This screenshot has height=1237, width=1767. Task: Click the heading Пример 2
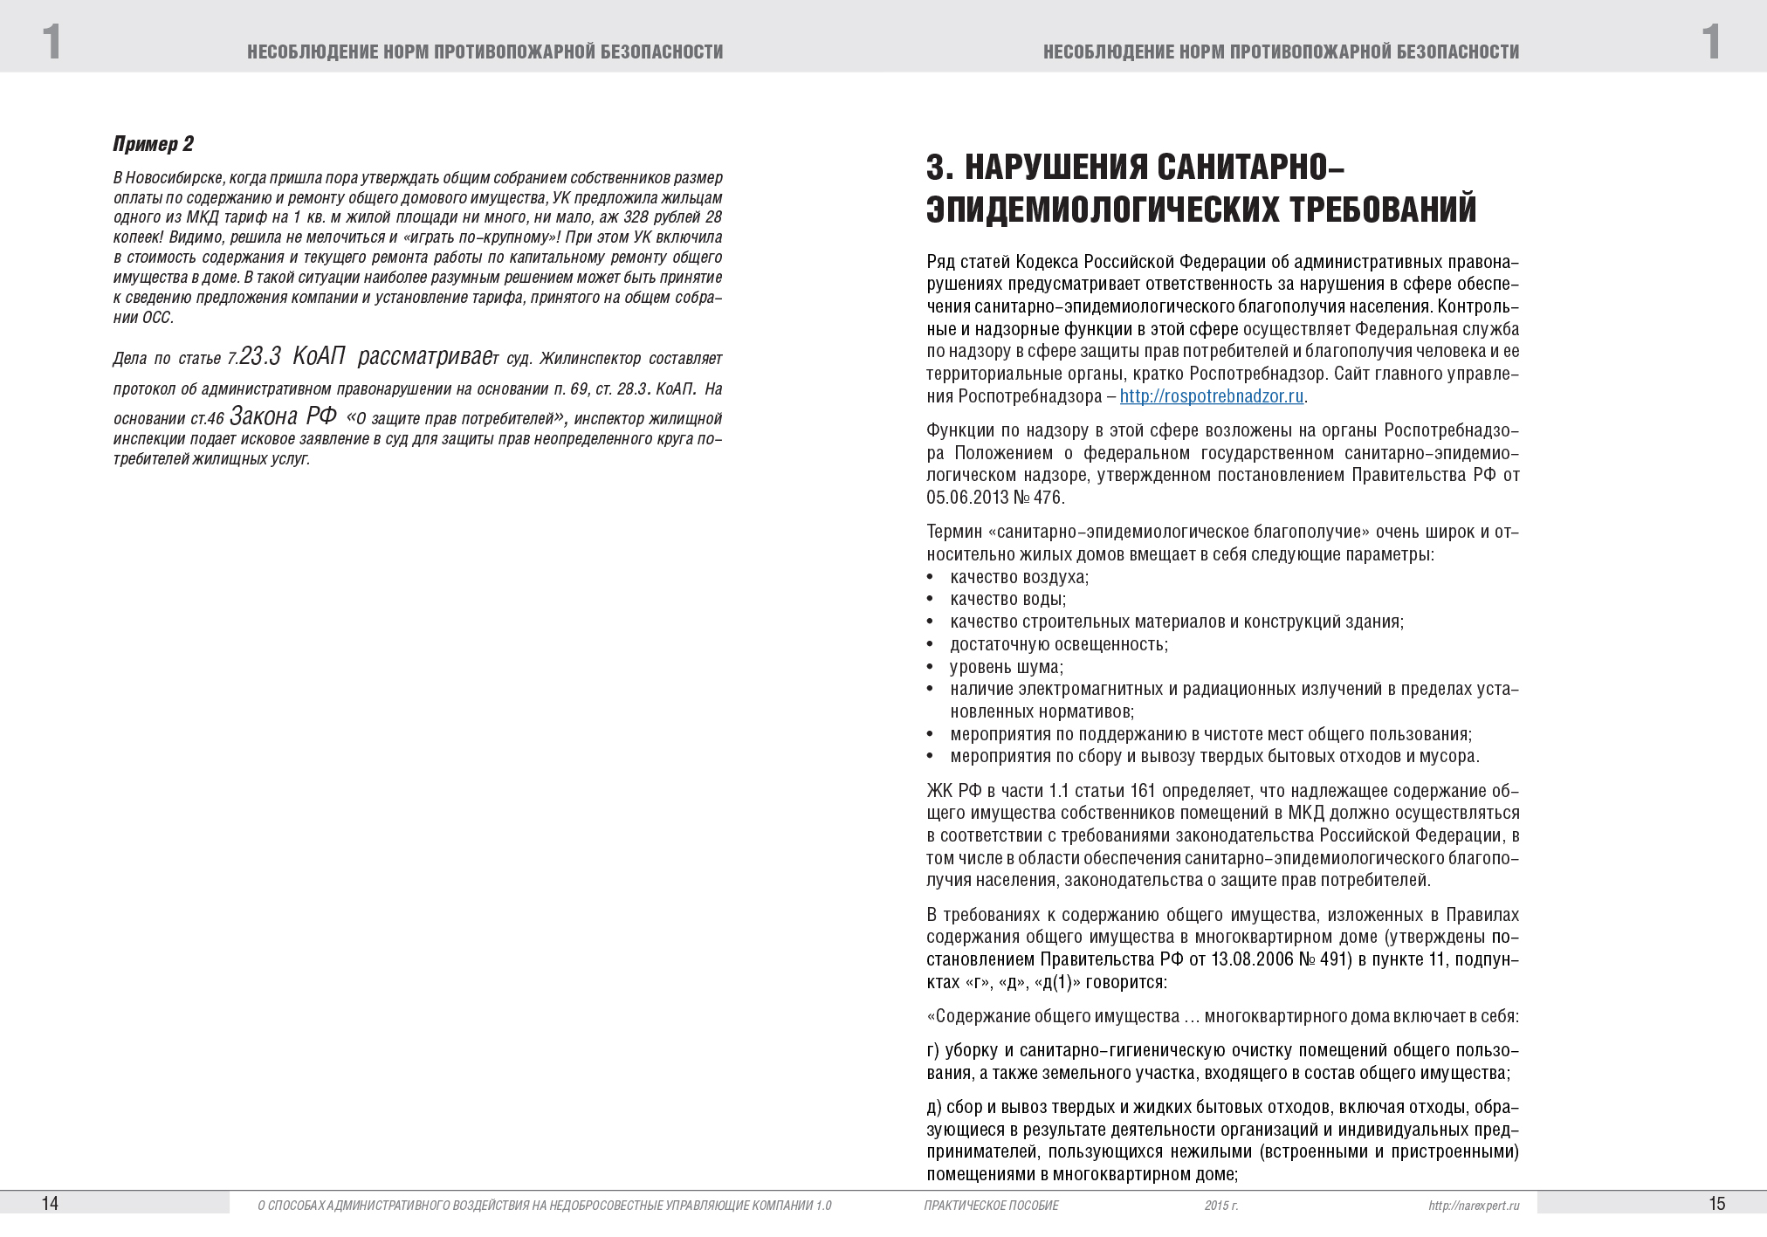[x=154, y=144]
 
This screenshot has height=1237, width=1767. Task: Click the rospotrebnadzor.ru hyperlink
[x=1211, y=396]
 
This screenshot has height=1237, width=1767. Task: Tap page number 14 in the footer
[x=50, y=1204]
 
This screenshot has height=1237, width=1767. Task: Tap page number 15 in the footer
[x=1716, y=1204]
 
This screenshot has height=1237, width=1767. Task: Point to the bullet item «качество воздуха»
[x=1019, y=577]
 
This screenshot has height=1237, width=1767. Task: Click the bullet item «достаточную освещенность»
[x=1058, y=645]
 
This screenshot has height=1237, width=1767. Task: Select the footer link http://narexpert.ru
[x=1474, y=1206]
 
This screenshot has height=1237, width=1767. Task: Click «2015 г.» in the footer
[x=1220, y=1206]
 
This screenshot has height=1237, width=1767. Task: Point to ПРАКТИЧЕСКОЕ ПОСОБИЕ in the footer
[x=990, y=1206]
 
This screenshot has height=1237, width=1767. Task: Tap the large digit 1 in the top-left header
[x=52, y=42]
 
